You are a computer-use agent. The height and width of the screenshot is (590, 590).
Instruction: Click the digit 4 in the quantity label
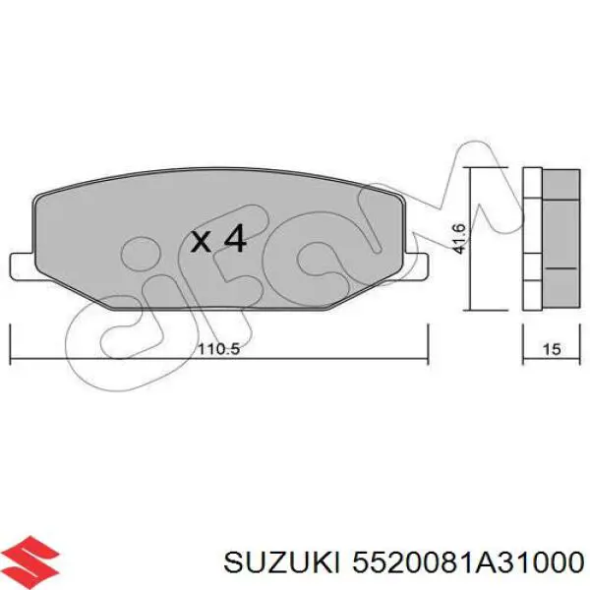pos(233,240)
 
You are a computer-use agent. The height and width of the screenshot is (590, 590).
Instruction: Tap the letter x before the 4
pos(201,241)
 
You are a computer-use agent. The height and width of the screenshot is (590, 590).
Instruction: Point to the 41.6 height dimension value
pos(459,238)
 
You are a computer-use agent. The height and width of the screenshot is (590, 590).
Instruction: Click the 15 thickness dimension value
pos(551,348)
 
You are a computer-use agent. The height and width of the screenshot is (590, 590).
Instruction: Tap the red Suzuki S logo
pos(31,559)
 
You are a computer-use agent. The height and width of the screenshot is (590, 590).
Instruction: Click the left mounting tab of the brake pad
pos(21,265)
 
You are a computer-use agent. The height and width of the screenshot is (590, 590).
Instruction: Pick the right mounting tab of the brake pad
pos(420,265)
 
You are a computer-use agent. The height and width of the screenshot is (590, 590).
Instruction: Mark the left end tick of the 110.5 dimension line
pos(10,341)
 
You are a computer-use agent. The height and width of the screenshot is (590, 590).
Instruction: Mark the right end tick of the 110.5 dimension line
pos(427,341)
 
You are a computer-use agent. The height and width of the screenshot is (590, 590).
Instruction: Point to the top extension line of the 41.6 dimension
pos(490,169)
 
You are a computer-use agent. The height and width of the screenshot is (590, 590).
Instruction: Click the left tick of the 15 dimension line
pos(521,342)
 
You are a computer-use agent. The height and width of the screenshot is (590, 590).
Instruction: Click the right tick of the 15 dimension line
pos(579,342)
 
